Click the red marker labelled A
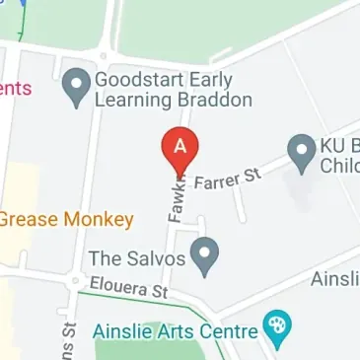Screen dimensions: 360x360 (180, 150)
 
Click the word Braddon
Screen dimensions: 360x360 (217, 100)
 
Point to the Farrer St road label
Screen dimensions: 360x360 (229, 180)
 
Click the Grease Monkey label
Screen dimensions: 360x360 (66, 219)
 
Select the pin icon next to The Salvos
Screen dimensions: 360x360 (204, 258)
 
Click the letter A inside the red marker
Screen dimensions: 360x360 (180, 144)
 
